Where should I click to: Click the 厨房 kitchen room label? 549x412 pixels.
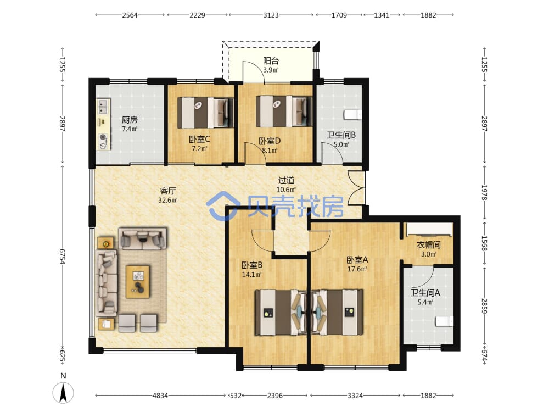pos(130,120)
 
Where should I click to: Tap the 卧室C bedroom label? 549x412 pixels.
pos(199,140)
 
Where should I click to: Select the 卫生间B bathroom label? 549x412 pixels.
pos(341,135)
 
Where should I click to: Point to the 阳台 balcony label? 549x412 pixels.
pos(271,61)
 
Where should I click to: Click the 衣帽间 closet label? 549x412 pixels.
pos(429,245)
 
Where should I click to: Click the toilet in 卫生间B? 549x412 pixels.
pos(353,115)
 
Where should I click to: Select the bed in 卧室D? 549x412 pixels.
pos(284,112)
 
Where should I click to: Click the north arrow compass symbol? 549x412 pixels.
pos(63,392)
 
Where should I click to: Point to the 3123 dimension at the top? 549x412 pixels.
pos(271,15)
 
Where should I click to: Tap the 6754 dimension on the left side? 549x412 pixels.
pos(63,257)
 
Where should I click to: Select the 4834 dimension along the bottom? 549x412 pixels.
pos(160,396)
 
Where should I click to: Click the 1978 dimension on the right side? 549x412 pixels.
pos(484,192)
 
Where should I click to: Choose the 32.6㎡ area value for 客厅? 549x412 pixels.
pos(167,201)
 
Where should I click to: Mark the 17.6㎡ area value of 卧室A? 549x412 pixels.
pos(357,269)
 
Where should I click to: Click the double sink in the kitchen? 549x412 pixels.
pos(103,107)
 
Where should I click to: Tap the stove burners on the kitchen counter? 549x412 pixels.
pos(103,142)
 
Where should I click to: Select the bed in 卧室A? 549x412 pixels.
pos(337,312)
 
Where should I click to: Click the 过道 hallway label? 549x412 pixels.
pos(286,180)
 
